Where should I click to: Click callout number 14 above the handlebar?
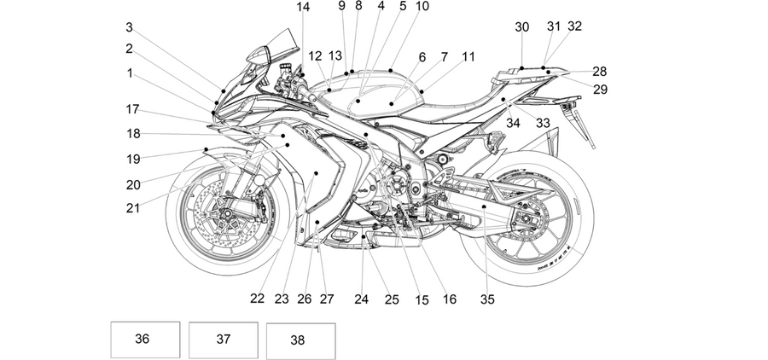pyautogui.click(x=303, y=7)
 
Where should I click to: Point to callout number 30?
pyautogui.click(x=521, y=27)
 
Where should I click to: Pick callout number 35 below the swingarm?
pyautogui.click(x=487, y=299)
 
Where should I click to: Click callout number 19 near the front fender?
pyautogui.click(x=133, y=160)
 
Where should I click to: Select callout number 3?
pyautogui.click(x=129, y=27)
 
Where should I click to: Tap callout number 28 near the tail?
pyautogui.click(x=600, y=72)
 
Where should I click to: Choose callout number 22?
pyautogui.click(x=257, y=299)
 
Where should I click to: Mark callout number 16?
pyautogui.click(x=449, y=299)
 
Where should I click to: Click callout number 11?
pyautogui.click(x=468, y=57)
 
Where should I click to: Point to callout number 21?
pyautogui.click(x=133, y=208)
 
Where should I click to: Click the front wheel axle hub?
pyautogui.click(x=227, y=213)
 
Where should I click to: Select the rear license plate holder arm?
pyautogui.click(x=585, y=129)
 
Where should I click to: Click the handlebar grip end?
pyautogui.click(x=312, y=98)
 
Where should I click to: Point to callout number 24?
pyautogui.click(x=361, y=299)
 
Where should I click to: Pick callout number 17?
pyautogui.click(x=133, y=109)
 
